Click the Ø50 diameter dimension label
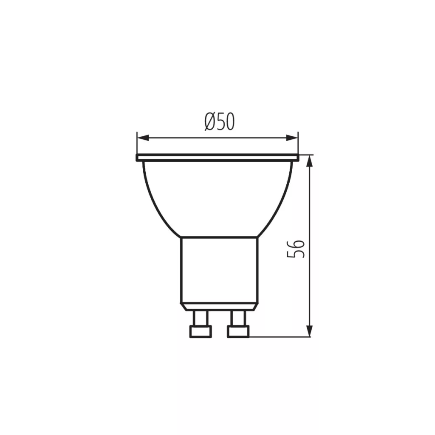(220, 122)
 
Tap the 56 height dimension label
(296, 249)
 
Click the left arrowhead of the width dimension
(143, 138)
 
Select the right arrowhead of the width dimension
(292, 138)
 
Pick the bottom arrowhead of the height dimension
(310, 331)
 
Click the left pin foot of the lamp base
(201, 331)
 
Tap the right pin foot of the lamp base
(238, 331)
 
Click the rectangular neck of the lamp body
(220, 270)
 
